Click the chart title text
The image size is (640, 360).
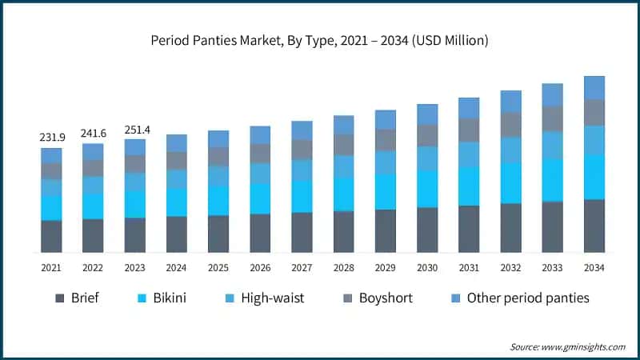click(320, 40)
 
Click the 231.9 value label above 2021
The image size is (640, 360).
click(51, 138)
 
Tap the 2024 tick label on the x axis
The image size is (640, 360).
click(177, 268)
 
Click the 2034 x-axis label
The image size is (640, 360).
click(594, 268)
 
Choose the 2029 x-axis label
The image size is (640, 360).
click(385, 268)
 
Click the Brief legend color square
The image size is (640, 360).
click(59, 298)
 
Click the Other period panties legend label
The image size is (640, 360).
click(528, 298)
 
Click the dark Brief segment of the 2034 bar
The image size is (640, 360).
click(594, 226)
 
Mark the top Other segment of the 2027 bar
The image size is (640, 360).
click(302, 130)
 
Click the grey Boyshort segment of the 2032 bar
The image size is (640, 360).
click(510, 124)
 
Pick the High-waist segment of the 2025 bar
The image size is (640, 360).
click(218, 176)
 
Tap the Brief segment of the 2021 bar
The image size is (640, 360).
click(51, 236)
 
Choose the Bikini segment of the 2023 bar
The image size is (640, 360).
click(134, 204)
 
